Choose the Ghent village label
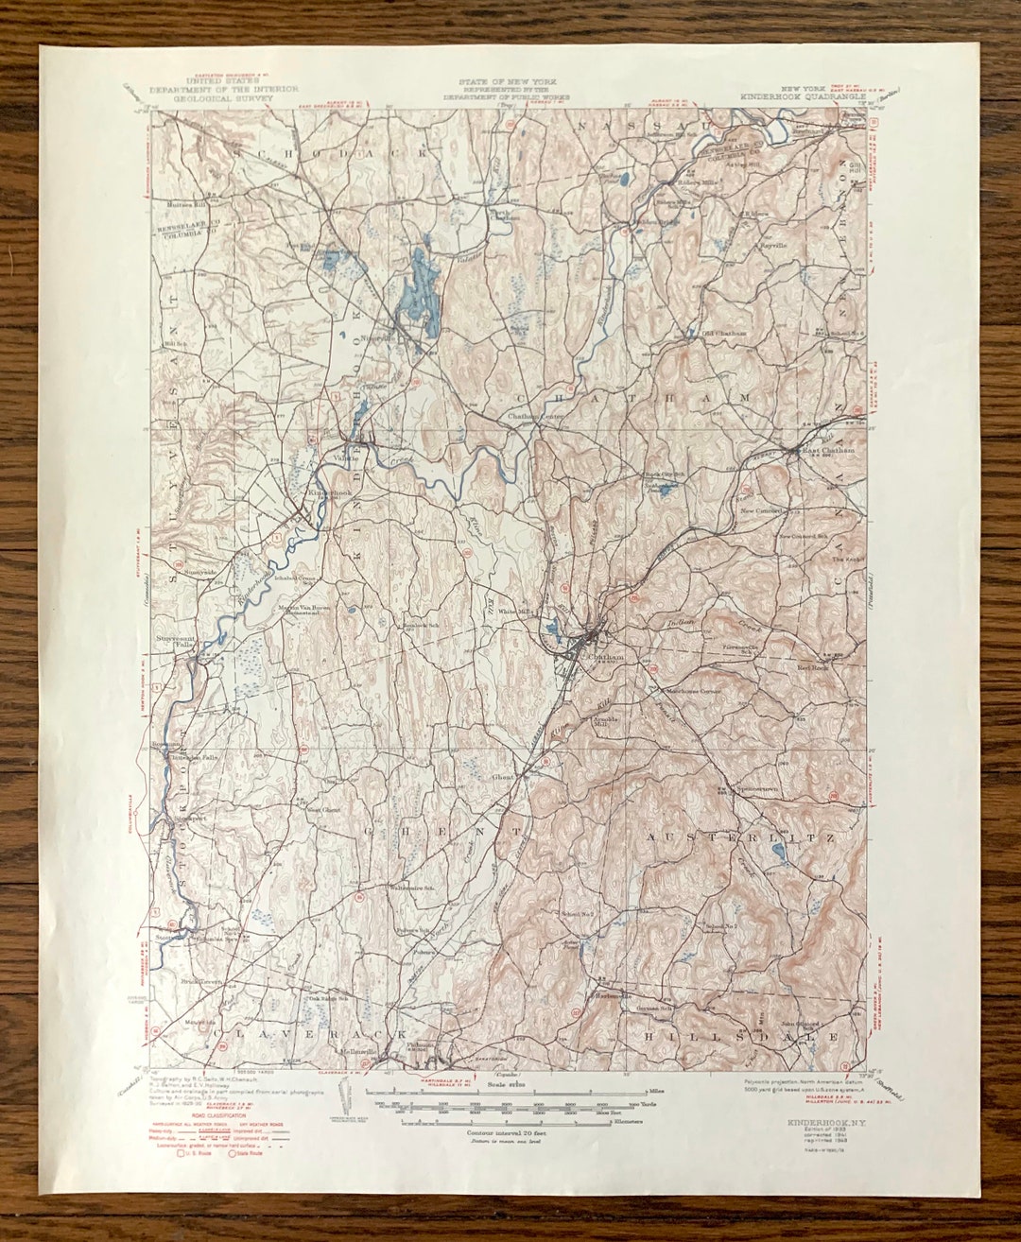click(x=502, y=778)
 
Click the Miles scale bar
click(x=510, y=1093)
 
